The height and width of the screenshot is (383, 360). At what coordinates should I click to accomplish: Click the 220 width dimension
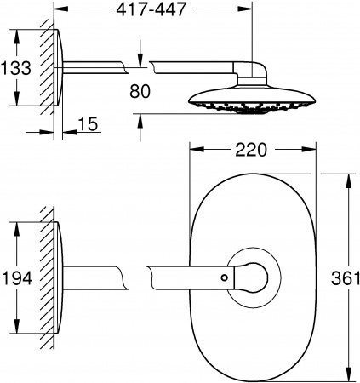(x=251, y=151)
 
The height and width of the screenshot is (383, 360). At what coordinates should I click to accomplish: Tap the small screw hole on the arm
(x=223, y=277)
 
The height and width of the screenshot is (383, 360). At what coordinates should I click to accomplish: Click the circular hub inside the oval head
(x=252, y=277)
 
